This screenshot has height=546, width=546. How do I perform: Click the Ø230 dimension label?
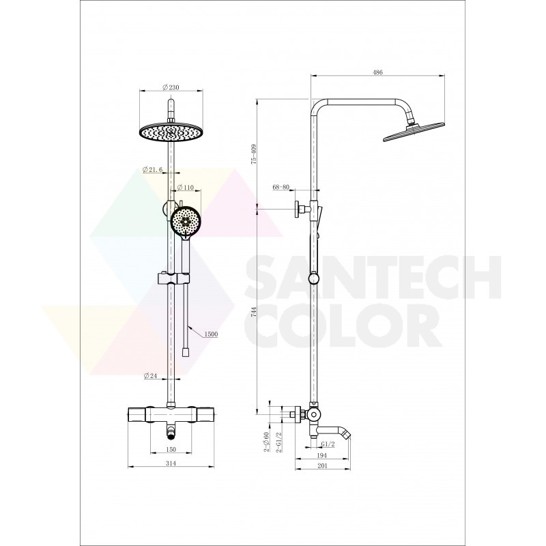click(x=171, y=87)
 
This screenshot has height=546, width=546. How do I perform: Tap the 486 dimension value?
click(x=378, y=72)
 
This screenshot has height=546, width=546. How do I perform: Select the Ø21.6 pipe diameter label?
click(x=152, y=169)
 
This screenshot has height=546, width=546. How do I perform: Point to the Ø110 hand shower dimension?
click(x=185, y=187)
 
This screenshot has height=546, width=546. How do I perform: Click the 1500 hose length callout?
click(x=211, y=334)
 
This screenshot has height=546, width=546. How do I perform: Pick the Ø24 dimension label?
click(x=150, y=376)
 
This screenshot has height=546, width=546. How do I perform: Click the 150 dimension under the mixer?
click(x=171, y=450)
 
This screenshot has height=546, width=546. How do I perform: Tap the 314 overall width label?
click(x=171, y=463)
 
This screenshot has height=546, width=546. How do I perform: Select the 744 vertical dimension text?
click(x=253, y=311)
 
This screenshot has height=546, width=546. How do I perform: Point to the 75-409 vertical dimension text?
click(x=253, y=154)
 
